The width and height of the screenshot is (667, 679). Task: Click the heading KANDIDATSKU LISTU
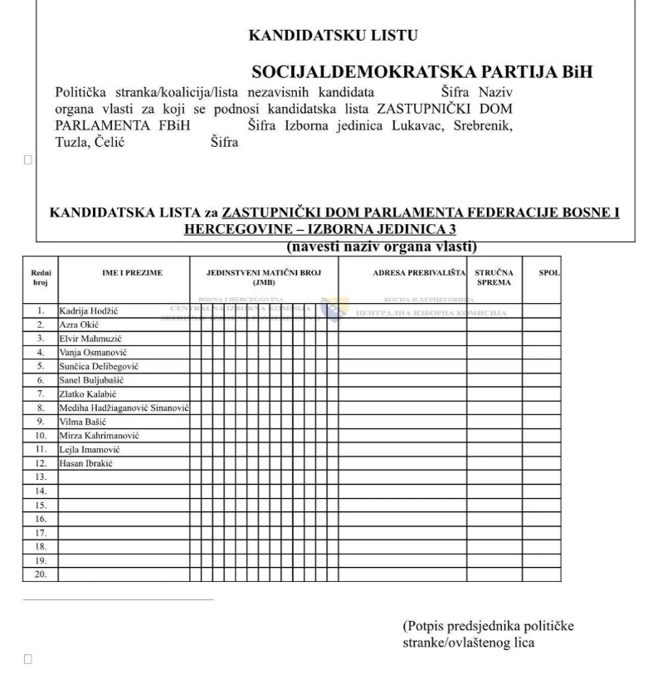[x=333, y=36]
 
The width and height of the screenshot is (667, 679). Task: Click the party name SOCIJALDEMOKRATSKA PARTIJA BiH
[x=422, y=72]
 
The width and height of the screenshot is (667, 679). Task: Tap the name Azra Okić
[x=79, y=325]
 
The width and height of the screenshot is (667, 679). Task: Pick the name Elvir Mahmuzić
[x=90, y=339]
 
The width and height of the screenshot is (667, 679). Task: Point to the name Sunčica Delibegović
[x=98, y=366]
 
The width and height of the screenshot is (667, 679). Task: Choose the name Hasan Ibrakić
[x=85, y=463]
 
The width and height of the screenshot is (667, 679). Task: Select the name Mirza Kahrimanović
[x=99, y=435]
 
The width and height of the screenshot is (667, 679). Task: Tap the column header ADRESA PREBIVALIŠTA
[x=402, y=272]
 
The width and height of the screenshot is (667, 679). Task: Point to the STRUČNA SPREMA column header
[x=494, y=277]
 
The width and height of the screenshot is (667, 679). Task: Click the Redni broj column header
[x=40, y=277]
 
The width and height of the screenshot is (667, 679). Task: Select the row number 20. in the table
[x=40, y=574]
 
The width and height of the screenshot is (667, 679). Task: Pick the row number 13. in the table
[x=40, y=477]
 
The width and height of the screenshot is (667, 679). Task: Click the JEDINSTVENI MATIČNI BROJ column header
[x=264, y=277]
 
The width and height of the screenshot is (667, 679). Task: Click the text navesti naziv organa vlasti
[x=381, y=247]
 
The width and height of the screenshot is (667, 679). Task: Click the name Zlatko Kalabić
[x=88, y=393]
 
